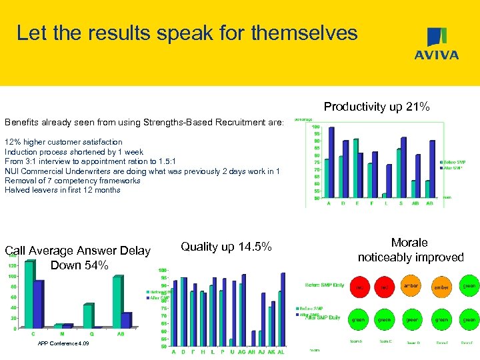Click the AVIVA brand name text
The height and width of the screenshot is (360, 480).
tap(437, 55)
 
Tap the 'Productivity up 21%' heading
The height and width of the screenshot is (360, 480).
tap(377, 107)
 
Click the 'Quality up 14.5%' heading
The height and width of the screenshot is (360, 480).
tap(226, 247)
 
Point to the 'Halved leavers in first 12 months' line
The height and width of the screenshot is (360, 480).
tap(63, 190)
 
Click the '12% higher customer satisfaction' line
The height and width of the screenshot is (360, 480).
tap(64, 142)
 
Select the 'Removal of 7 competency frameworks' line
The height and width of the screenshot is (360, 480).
tap(73, 181)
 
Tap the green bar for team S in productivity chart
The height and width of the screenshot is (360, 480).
tap(399, 173)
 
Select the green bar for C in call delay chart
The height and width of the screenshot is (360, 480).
tap(29, 294)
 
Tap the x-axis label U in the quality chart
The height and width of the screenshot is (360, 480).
tap(231, 351)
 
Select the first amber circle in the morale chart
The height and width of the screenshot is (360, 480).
tap(411, 286)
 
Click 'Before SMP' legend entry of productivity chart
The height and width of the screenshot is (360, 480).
tap(453, 162)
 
